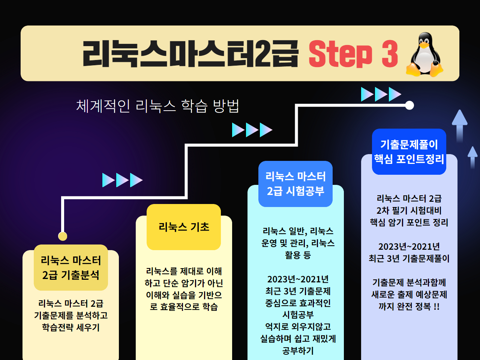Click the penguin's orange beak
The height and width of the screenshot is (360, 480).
(424, 45)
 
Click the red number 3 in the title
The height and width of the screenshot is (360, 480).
(390, 54)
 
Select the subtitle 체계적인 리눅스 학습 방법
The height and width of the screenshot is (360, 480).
(157, 106)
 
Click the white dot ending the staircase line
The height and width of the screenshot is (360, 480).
(409, 105)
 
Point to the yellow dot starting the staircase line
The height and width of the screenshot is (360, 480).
(63, 236)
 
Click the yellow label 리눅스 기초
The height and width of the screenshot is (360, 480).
(184, 227)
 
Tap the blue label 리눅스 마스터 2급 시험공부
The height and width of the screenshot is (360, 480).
(295, 184)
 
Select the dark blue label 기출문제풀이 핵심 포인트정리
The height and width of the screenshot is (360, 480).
(409, 152)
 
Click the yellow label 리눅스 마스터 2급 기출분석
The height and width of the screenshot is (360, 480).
(71, 267)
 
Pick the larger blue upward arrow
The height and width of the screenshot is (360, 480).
(460, 126)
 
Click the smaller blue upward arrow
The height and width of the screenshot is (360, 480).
(472, 157)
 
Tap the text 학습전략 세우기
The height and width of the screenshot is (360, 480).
(71, 327)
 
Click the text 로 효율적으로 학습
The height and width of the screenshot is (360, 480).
(184, 307)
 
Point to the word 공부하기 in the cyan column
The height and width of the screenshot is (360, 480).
(298, 351)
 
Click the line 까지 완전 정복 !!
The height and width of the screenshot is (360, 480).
(409, 306)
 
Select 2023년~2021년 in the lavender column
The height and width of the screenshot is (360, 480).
(409, 246)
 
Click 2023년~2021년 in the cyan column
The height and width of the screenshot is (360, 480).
(298, 279)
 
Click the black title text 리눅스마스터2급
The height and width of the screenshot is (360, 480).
(190, 54)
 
